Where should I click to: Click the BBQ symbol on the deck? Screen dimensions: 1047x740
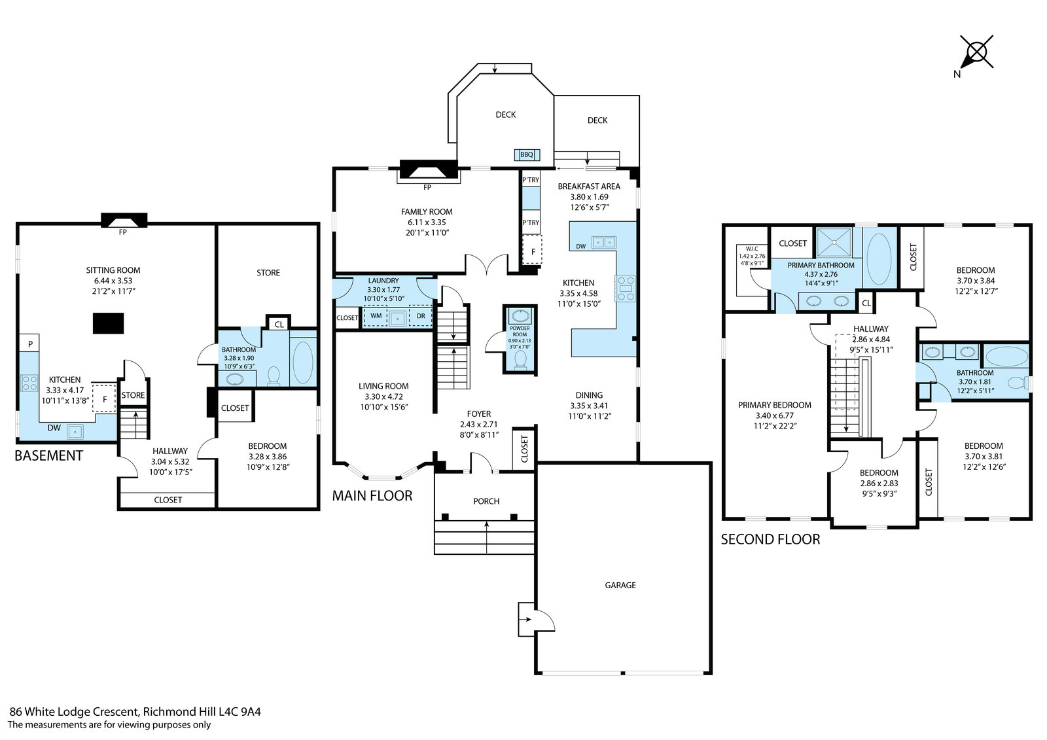[x=527, y=154]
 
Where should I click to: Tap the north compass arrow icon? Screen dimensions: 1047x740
[x=976, y=53]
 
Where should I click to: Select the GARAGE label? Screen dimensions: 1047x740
[x=620, y=586]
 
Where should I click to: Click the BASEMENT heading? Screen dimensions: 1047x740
[x=48, y=456]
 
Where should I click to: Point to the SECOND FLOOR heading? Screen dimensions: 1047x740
[x=770, y=539]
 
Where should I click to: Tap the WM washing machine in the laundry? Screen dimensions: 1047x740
[x=376, y=317]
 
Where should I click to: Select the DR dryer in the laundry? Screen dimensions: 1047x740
[x=421, y=317]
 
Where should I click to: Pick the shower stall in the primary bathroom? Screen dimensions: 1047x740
[x=834, y=242]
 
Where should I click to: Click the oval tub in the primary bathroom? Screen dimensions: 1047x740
[x=879, y=258]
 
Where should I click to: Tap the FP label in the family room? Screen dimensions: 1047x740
[x=427, y=188]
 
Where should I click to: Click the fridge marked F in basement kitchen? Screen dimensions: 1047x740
[x=104, y=398]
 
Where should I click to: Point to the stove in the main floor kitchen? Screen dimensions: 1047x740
[x=626, y=289]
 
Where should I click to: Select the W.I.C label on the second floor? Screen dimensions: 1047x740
[x=752, y=249]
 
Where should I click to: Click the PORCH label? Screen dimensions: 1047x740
[x=486, y=501]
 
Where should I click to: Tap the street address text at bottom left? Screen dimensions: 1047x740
[x=135, y=711]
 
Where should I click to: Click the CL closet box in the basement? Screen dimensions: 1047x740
[x=279, y=323]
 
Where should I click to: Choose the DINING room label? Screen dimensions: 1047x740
[x=590, y=395]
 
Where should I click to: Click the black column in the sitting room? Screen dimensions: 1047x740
[x=108, y=323]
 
